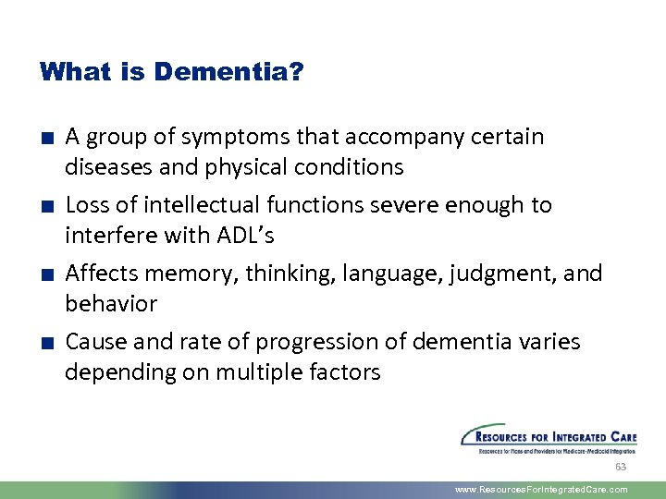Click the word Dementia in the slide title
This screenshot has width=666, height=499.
coord(228,71)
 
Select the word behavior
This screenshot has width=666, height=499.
coord(111,304)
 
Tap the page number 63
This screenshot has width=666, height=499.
coord(621,467)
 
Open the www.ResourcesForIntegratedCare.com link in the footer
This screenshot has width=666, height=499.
coord(542,490)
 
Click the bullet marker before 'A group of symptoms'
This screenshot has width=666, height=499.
coord(45,139)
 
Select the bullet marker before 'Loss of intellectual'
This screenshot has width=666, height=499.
coord(45,206)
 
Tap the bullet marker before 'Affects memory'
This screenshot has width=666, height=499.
coord(45,274)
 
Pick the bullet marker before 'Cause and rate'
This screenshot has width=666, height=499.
coord(45,343)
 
